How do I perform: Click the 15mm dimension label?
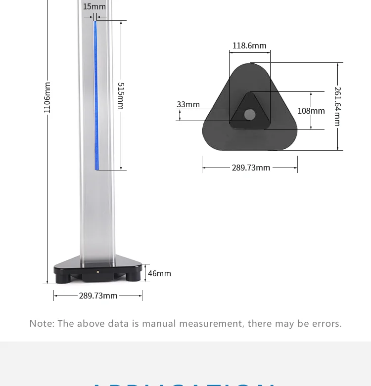(x=94, y=6)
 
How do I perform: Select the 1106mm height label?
(x=47, y=97)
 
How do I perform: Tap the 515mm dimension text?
(x=121, y=95)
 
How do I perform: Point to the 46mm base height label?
(x=159, y=273)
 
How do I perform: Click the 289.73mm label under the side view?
(x=98, y=296)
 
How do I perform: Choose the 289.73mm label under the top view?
(x=251, y=168)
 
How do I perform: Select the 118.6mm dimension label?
(x=249, y=45)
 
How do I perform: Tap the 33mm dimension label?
(x=188, y=104)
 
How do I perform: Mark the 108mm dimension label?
(x=311, y=111)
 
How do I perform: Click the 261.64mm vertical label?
(x=337, y=106)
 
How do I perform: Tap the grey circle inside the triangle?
(x=250, y=115)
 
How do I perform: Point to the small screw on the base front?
(x=97, y=271)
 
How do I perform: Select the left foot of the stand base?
(x=63, y=277)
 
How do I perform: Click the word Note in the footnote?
(x=41, y=324)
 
